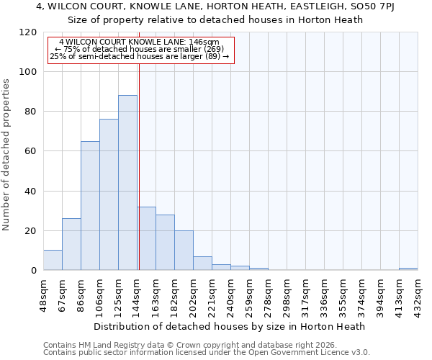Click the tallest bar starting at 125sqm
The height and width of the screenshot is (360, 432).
click(127, 183)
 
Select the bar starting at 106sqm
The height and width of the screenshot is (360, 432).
click(109, 194)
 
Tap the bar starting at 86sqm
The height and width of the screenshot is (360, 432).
click(90, 205)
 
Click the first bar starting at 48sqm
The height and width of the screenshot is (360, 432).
click(53, 260)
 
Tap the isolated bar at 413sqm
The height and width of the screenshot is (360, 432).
click(408, 269)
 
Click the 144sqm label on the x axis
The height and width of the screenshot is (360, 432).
click(137, 294)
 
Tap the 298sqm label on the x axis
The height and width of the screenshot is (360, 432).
click(287, 294)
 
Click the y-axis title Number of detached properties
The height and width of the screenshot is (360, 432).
click(6, 155)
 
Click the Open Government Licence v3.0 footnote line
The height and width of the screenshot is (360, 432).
click(207, 353)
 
